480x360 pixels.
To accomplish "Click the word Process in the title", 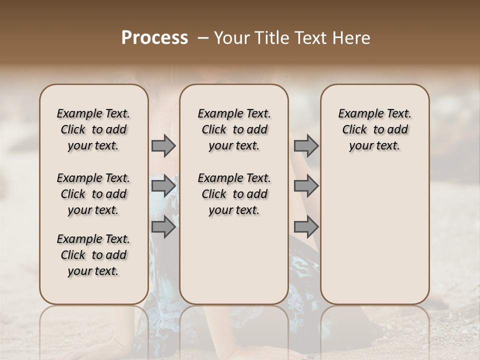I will point(154,38).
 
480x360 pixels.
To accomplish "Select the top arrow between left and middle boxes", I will point(163,146).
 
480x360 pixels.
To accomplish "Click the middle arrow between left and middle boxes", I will point(163,186).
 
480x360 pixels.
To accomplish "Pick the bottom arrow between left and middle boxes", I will point(163,227).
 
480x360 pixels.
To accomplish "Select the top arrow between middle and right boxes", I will point(306,146).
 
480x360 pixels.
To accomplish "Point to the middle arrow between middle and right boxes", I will point(306,186).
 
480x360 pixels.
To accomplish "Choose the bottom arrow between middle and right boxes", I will point(306,227).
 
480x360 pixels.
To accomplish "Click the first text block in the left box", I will point(93,129).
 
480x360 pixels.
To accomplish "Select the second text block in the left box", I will point(93,194).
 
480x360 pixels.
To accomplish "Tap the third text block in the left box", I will point(93,255).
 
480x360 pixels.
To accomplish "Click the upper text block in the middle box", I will point(234,129).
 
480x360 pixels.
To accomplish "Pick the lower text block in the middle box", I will point(234,194).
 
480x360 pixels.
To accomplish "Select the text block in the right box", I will point(375,129).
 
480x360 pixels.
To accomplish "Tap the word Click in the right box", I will point(354,130).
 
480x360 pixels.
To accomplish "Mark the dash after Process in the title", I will point(203,38).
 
